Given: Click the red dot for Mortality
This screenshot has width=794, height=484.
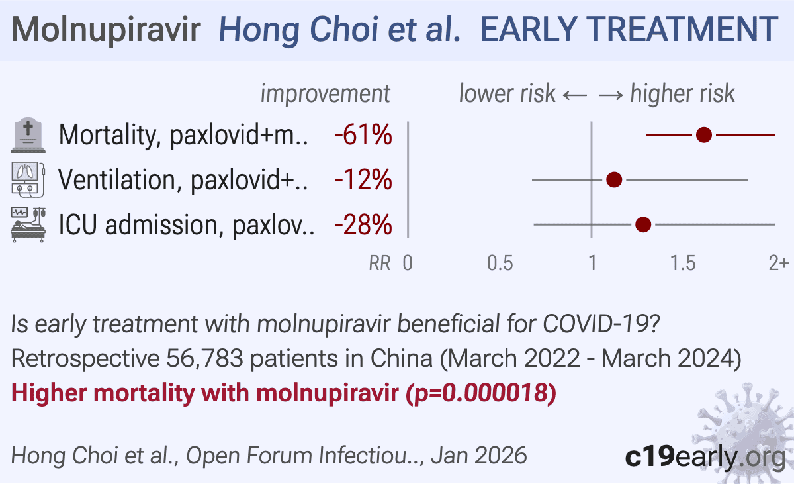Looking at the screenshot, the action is (x=704, y=135).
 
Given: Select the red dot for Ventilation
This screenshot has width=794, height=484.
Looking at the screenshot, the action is (x=614, y=180).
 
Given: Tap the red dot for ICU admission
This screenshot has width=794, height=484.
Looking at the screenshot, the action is (x=643, y=224).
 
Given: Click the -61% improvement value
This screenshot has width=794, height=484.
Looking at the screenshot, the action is (x=363, y=135).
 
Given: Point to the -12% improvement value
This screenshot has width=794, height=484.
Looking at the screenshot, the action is (x=363, y=180).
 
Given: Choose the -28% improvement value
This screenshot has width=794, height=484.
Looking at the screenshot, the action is (x=363, y=224).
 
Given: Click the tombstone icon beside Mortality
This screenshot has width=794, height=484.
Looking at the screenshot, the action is (x=28, y=135).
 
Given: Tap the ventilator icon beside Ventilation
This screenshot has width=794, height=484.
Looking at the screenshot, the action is (x=28, y=180).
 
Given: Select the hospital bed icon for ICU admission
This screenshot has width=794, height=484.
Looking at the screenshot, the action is (x=28, y=224).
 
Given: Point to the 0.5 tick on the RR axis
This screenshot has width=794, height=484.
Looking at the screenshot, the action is (x=500, y=263).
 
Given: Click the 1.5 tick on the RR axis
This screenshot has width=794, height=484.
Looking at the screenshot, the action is (x=683, y=263).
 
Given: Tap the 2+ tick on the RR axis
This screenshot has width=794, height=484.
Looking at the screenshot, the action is (x=778, y=263).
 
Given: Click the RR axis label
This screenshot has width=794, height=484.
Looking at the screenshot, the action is (x=380, y=263).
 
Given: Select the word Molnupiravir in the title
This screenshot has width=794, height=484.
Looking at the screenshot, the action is (x=107, y=30).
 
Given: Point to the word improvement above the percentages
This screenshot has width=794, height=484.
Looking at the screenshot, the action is (x=326, y=94).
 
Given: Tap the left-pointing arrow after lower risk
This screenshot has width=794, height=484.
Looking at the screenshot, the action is (x=575, y=95).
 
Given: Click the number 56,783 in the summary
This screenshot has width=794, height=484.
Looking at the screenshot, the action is (x=204, y=358).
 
